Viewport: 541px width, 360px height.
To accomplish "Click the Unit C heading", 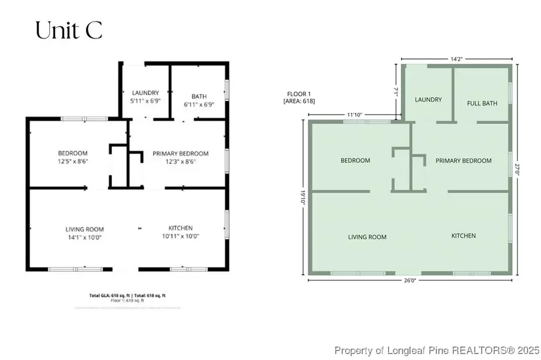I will point(69,31).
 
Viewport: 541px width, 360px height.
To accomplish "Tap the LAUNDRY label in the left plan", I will point(145,93).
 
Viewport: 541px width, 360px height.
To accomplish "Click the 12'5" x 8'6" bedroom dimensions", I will point(73,161).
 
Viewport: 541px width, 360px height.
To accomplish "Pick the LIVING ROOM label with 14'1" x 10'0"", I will point(85,233).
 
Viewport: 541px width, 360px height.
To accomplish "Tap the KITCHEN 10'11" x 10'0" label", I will point(180,232).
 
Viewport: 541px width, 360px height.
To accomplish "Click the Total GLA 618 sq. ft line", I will point(135,296).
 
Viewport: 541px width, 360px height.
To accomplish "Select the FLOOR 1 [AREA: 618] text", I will point(299,97).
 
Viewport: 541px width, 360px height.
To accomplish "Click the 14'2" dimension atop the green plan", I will point(456,59).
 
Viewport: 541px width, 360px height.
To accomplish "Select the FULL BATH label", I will point(482,103).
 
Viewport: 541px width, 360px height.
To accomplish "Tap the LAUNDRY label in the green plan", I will point(428,100).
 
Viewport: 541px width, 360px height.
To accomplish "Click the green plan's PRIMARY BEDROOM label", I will point(463,160).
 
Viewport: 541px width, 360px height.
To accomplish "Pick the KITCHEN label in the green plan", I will point(463,236).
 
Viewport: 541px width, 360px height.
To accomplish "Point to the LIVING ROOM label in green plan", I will point(367,237).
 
